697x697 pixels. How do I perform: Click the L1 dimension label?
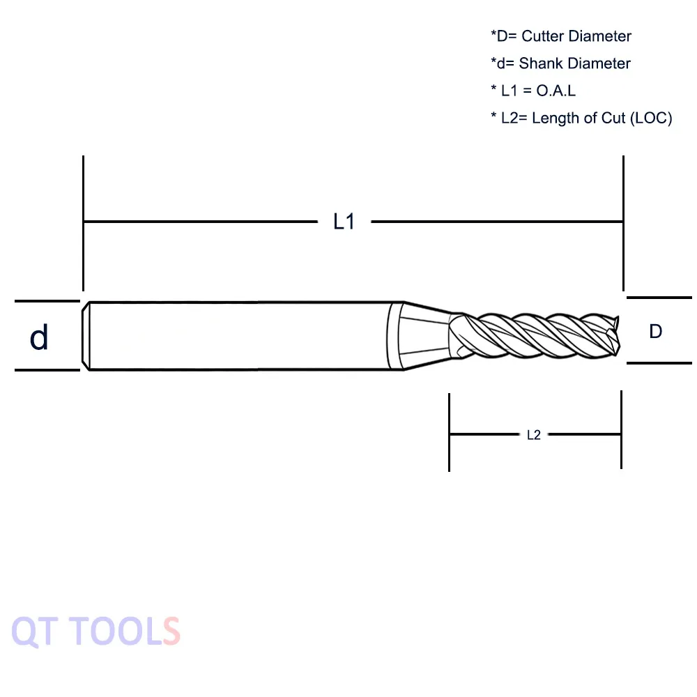344,222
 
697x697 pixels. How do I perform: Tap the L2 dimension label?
534,435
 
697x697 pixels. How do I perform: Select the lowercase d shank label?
38,337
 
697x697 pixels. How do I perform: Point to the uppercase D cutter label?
656,331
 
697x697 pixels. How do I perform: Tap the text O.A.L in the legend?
556,91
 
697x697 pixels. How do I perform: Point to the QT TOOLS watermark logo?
95,631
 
